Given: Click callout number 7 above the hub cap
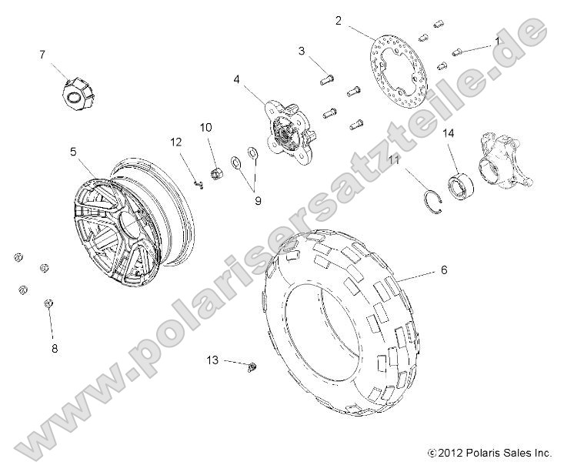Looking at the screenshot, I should (x=42, y=54).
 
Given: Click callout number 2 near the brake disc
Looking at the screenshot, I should (x=339, y=21).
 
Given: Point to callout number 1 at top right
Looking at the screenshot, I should (x=497, y=39).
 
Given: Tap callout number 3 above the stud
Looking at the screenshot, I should (x=302, y=51).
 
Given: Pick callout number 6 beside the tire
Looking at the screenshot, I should (x=443, y=270).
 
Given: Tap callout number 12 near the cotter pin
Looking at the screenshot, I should (x=175, y=142).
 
